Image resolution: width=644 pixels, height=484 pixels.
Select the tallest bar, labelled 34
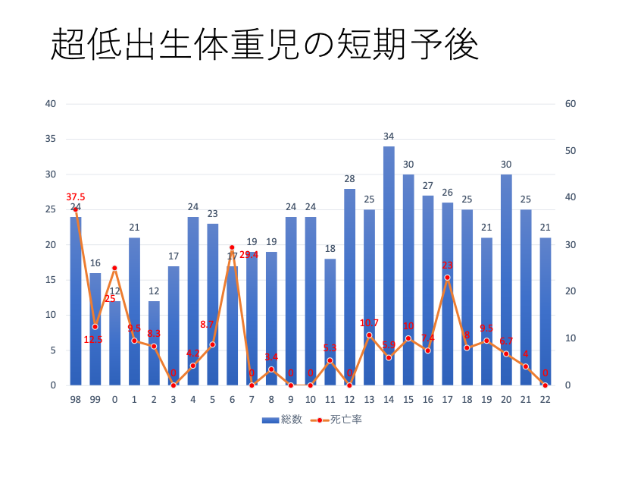(389, 266)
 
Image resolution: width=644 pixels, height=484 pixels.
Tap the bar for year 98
(76, 303)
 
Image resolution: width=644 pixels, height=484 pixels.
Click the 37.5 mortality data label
(76, 197)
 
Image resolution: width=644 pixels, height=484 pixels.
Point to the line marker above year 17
(447, 278)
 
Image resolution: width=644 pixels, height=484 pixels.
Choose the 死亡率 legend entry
(338, 420)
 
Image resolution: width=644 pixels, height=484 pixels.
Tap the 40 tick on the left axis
(51, 104)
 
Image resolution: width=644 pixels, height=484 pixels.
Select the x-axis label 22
(545, 400)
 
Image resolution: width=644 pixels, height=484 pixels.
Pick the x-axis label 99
(95, 400)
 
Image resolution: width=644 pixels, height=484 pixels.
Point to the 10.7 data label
(370, 324)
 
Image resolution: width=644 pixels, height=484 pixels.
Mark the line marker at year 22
(545, 385)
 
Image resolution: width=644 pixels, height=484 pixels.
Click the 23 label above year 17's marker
(447, 266)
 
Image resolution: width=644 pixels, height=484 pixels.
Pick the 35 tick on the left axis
(51, 139)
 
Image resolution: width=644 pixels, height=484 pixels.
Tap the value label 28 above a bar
(349, 179)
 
